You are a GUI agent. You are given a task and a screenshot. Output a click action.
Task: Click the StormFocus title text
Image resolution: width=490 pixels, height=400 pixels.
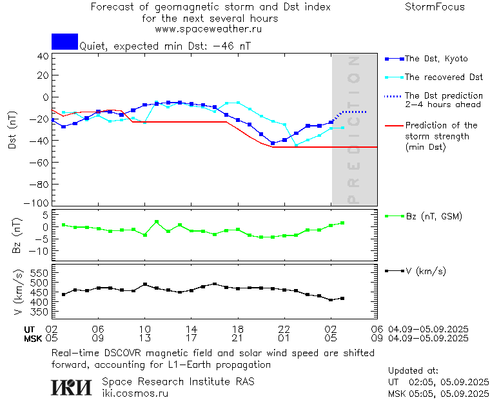pyautogui.click(x=435, y=7)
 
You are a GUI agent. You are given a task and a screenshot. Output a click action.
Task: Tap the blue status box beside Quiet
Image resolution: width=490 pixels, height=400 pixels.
pyautogui.click(x=64, y=41)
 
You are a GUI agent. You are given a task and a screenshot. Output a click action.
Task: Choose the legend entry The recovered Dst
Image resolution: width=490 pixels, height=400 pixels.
pyautogui.click(x=444, y=77)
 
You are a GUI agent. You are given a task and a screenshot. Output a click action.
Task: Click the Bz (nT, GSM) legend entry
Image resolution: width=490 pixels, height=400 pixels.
pyautogui.click(x=433, y=217)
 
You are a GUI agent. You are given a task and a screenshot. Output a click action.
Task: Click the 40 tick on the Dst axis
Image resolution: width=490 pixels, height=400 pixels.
pyautogui.click(x=43, y=56)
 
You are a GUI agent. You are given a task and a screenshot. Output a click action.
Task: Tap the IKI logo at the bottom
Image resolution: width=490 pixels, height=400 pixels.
pyautogui.click(x=72, y=386)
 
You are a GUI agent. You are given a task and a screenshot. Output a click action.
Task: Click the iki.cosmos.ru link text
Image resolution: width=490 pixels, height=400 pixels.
pyautogui.click(x=135, y=392)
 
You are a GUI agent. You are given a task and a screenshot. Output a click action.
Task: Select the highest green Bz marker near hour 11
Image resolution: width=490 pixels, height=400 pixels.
pyautogui.click(x=157, y=222)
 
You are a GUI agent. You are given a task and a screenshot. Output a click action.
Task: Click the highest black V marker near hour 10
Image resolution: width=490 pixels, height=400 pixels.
pyautogui.click(x=145, y=284)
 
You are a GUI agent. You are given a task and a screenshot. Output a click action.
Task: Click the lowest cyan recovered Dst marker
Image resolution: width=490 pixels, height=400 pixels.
pyautogui.click(x=296, y=145)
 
